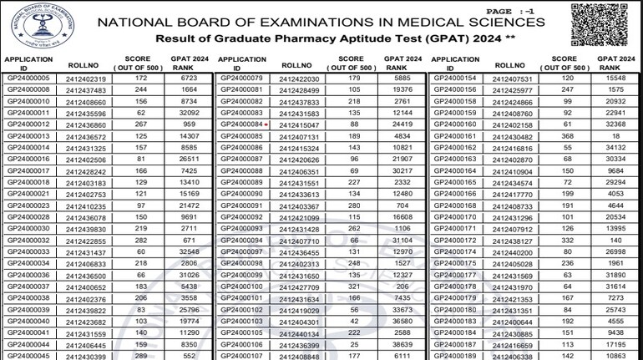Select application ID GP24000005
tap(28, 78)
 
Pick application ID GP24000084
tap(240, 124)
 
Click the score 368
tap(567, 136)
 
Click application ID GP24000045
tap(28, 356)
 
